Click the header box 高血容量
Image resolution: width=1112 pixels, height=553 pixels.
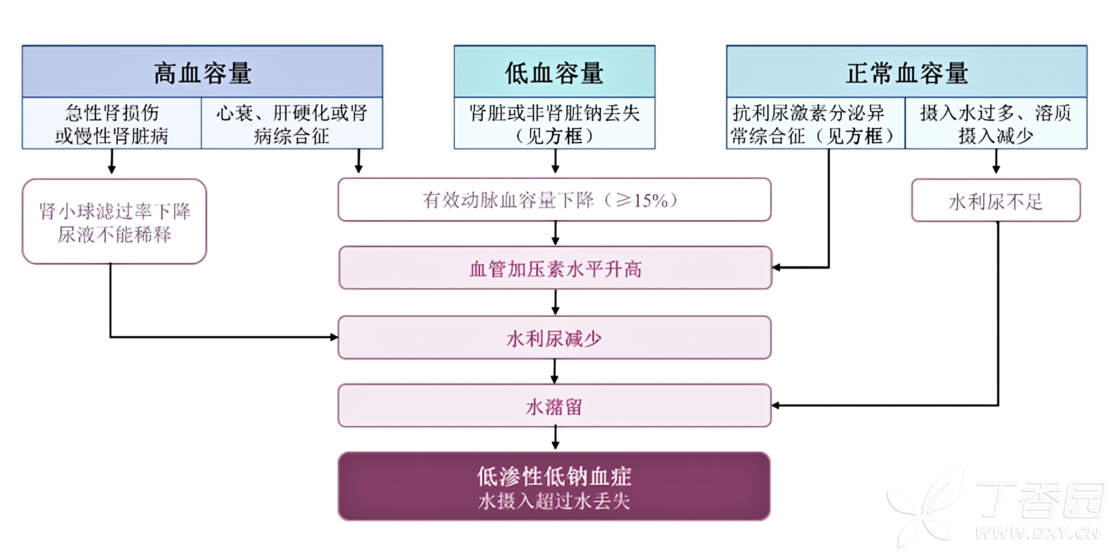(x=202, y=72)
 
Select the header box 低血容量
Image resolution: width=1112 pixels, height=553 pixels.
(x=554, y=72)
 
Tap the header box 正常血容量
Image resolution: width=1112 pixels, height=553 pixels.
(x=906, y=72)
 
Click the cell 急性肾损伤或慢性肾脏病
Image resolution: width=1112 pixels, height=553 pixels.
(x=112, y=124)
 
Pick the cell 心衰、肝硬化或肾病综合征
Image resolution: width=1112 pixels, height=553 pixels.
(x=292, y=124)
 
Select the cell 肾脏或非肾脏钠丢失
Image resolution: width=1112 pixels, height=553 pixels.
(x=554, y=124)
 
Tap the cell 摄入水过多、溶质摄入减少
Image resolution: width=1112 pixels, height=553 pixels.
(x=995, y=124)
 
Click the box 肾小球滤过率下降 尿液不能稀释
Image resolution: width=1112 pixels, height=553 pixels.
(x=114, y=222)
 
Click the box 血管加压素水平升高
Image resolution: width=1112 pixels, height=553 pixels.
(x=555, y=268)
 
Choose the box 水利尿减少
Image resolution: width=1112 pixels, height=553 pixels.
(x=554, y=338)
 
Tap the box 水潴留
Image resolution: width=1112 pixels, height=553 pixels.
(x=554, y=406)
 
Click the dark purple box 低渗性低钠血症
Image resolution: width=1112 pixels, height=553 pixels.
(x=554, y=486)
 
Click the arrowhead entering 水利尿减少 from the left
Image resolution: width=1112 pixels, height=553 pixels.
(x=334, y=337)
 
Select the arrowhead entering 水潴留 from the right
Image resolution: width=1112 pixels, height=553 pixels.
(x=776, y=405)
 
